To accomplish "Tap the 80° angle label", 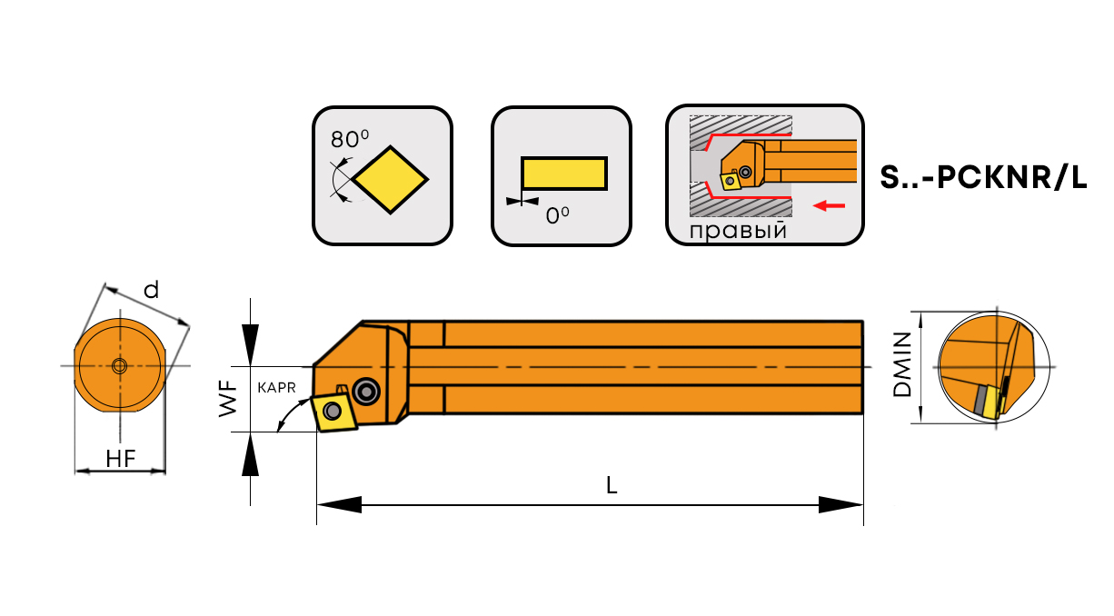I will coord(350,139).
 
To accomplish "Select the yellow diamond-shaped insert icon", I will coord(391,179).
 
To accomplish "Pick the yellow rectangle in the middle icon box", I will coord(563,174).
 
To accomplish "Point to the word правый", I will coord(737,230).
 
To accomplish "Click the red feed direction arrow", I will coord(829,206).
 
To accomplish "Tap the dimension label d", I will coord(152,290).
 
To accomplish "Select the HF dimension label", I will coord(120,459).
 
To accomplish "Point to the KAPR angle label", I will coord(277,387).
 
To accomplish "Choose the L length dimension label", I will coord(612,486).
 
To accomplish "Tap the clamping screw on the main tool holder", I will coord(366,391).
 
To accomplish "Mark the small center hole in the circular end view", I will coord(119,366).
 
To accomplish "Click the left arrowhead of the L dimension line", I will coord(339,504).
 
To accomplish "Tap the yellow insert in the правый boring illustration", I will coord(729,181).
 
